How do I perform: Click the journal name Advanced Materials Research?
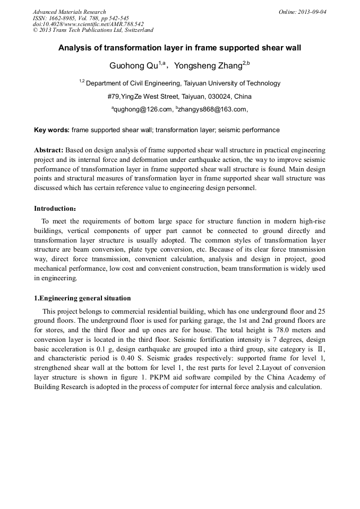[x=69, y=12]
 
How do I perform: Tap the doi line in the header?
[x=88, y=24]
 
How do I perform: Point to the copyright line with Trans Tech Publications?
[x=93, y=30]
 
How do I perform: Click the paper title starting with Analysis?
[x=179, y=48]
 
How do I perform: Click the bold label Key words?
[x=52, y=130]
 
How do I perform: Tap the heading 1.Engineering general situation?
[x=82, y=298]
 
